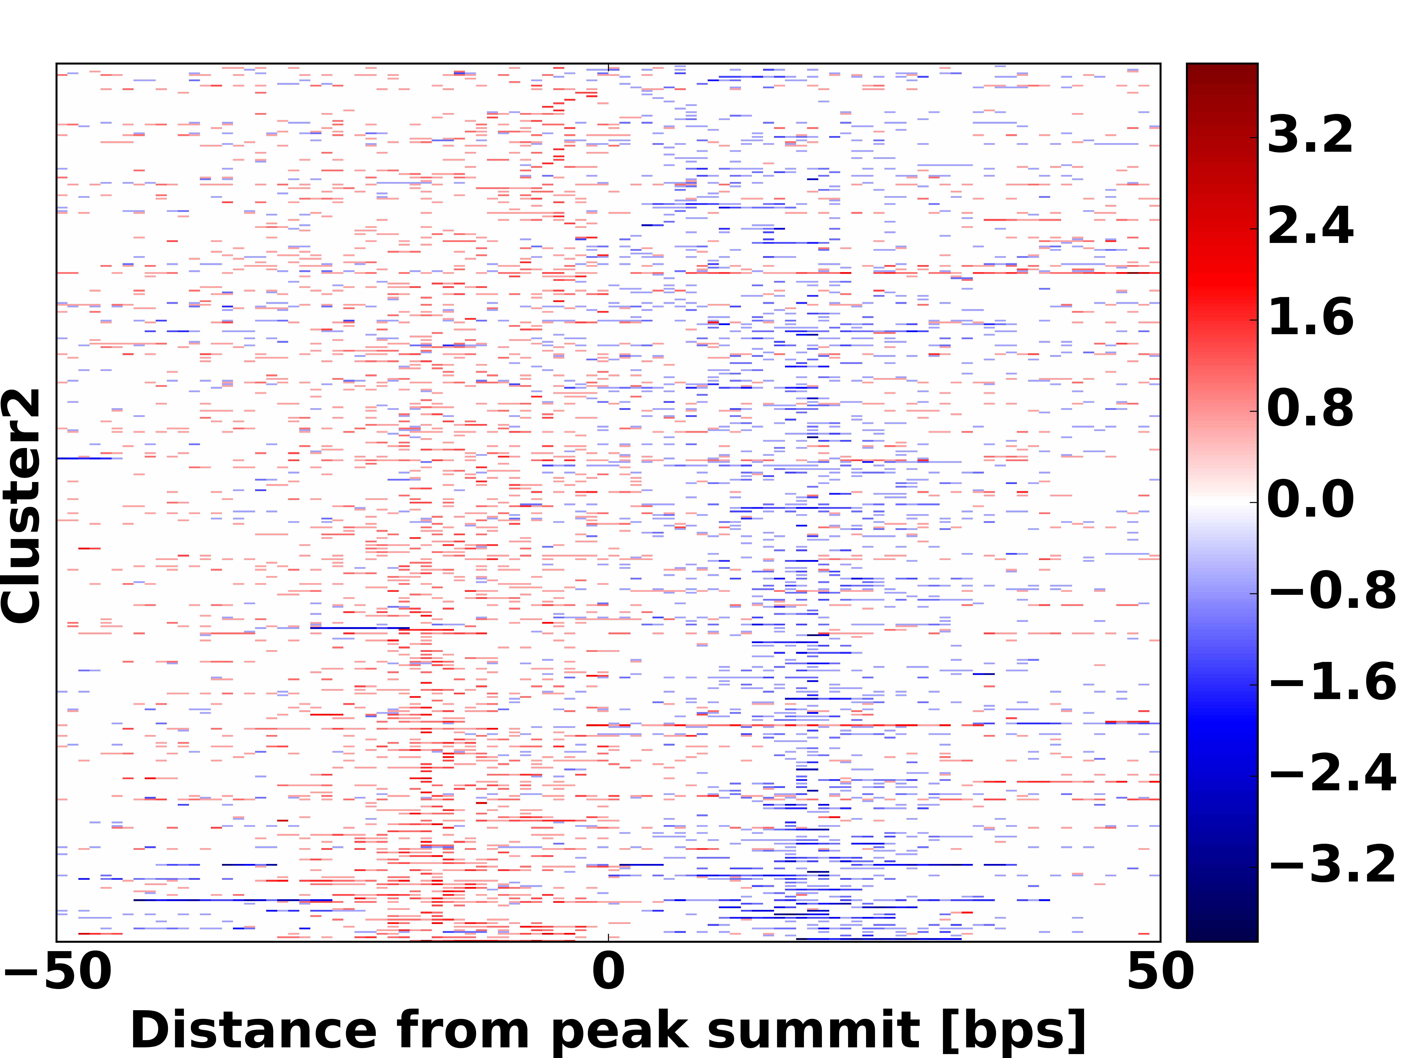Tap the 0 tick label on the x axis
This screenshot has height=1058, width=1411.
pyautogui.click(x=608, y=972)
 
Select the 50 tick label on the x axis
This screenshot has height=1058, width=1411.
pyautogui.click(x=1160, y=972)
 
